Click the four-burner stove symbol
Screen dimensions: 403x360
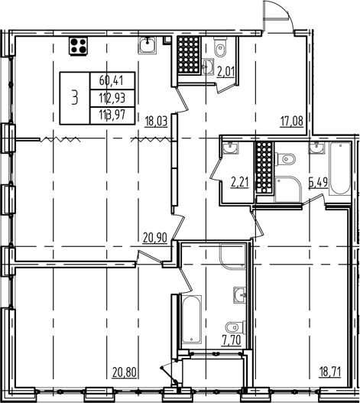point(78,46)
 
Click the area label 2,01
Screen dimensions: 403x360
point(227,73)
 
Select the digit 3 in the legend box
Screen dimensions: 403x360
point(74,96)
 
